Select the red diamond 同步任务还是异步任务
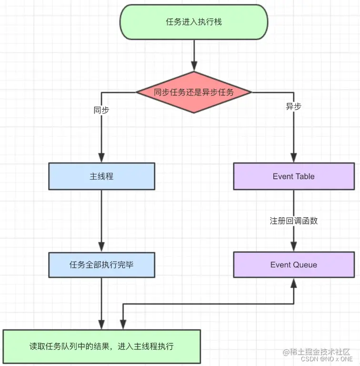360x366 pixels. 194,92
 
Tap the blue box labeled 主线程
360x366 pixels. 101,176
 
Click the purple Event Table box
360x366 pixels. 294,176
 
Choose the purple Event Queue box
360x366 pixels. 294,264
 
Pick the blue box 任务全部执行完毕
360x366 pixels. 101,264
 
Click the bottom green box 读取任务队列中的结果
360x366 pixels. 101,346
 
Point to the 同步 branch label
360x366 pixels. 101,110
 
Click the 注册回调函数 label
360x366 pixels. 294,221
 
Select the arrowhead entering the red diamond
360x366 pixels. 194,66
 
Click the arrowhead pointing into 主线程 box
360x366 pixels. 101,158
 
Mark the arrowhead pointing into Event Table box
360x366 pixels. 294,158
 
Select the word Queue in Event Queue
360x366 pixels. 305,264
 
